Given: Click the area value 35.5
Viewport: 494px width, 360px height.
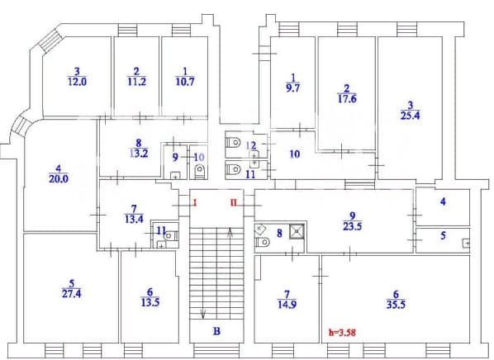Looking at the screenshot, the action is pos(396,305).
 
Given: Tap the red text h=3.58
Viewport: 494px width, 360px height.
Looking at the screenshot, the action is pos(343,332).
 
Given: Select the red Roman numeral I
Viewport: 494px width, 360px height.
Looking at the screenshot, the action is pos(195,202).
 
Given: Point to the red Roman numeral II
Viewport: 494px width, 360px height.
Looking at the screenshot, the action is pos(234,202).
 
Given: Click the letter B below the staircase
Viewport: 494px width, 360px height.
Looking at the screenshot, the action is pos(216,331).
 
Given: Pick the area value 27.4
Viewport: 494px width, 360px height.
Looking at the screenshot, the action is pos(72,294).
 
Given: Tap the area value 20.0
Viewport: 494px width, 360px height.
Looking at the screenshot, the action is pos(59,179).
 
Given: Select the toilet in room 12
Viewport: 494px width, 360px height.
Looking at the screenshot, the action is pos(234,143).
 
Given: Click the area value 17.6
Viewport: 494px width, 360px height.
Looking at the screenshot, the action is pos(347,99).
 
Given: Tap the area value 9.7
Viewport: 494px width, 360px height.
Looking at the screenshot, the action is pos(293,88).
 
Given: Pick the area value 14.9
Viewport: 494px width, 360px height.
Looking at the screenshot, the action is pos(287,305).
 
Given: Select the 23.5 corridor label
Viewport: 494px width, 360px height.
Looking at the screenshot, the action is pos(352,226).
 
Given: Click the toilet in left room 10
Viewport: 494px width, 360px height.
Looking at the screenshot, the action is pos(200,172).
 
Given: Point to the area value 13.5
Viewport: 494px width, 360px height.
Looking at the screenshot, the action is pos(150,302).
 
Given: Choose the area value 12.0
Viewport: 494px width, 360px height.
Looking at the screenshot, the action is pos(77,82).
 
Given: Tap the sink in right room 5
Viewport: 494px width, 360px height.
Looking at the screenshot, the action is pos(466,244).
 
